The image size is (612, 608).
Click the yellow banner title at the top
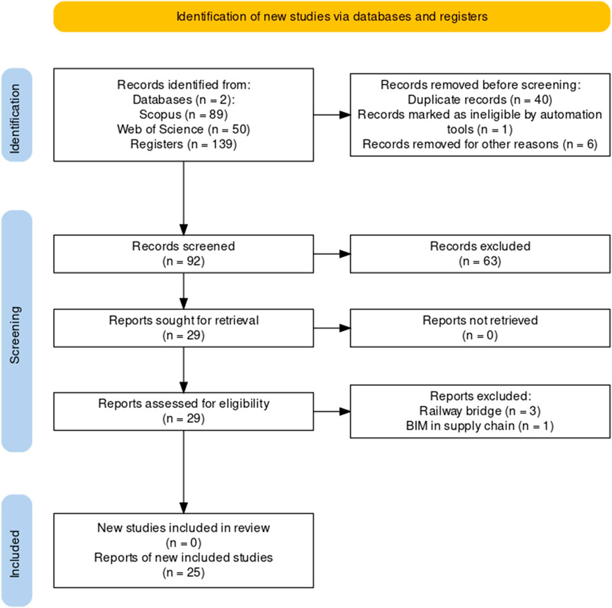point(332,17)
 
